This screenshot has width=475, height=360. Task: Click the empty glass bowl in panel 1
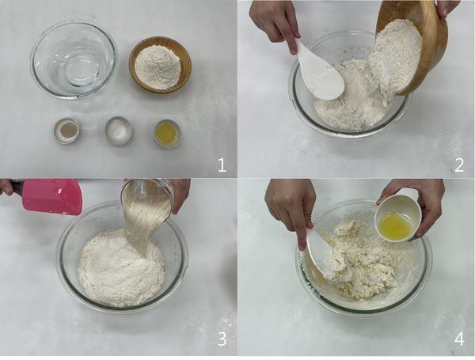[74, 59]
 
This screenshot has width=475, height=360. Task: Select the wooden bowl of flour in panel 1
[160, 65]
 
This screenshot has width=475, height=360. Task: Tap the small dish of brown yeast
[66, 131]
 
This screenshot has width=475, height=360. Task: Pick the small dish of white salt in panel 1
[119, 131]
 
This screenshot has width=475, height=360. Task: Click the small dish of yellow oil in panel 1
[167, 133]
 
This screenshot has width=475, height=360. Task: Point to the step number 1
[222, 165]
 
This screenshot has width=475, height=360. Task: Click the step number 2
[458, 165]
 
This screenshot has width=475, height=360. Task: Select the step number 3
[222, 339]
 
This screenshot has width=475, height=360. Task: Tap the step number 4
[458, 339]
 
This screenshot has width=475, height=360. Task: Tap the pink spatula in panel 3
[51, 195]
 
